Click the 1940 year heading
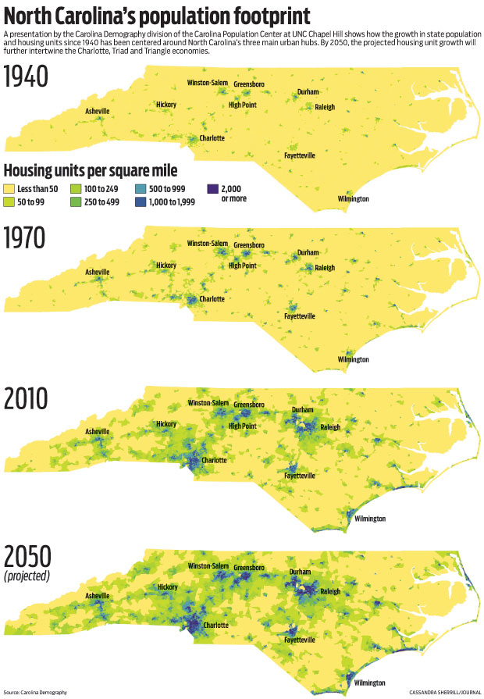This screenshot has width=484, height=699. [27, 78]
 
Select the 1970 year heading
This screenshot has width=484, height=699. [27, 238]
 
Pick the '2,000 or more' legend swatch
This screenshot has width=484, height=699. [212, 189]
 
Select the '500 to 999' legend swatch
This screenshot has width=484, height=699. [140, 189]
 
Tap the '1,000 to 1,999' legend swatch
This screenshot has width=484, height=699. [140, 201]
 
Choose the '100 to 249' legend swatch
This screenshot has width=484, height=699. [77, 189]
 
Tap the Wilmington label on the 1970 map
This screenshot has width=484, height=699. [353, 359]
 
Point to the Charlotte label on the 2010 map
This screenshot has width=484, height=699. [215, 460]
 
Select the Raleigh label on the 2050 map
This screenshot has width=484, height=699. [330, 591]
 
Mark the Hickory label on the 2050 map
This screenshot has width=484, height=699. [167, 587]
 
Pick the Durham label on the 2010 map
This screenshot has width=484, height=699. [302, 409]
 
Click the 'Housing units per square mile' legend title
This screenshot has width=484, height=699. [91, 170]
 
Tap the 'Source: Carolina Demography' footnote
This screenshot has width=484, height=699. [35, 692]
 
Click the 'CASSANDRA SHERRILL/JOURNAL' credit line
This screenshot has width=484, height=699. [443, 692]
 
